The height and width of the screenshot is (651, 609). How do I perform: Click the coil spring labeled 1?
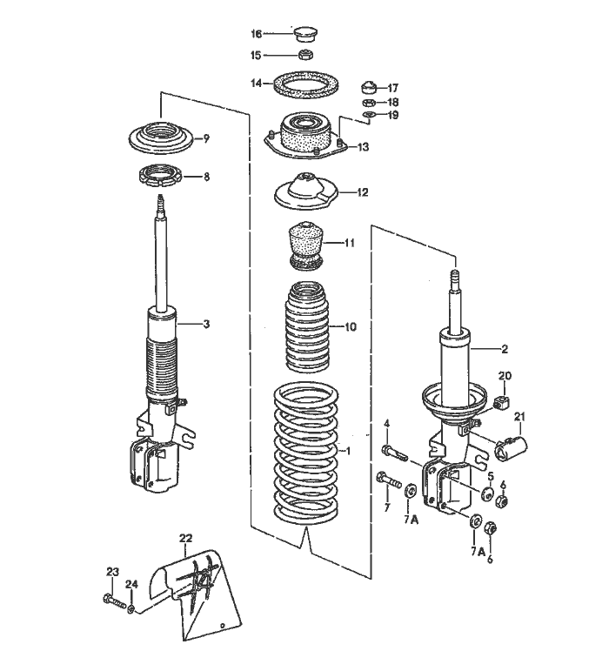point(304,453)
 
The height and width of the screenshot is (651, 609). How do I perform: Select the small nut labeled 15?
point(305,55)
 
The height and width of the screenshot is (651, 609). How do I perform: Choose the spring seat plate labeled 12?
point(304,191)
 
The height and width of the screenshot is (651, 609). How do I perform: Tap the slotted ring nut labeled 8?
point(161,177)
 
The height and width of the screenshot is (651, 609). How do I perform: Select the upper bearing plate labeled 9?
point(161,138)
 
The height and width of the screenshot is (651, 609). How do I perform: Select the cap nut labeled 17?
point(368,88)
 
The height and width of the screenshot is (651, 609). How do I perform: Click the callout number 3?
point(206,325)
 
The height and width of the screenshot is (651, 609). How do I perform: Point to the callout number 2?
point(503,349)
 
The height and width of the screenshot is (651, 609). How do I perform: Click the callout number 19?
point(393,115)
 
